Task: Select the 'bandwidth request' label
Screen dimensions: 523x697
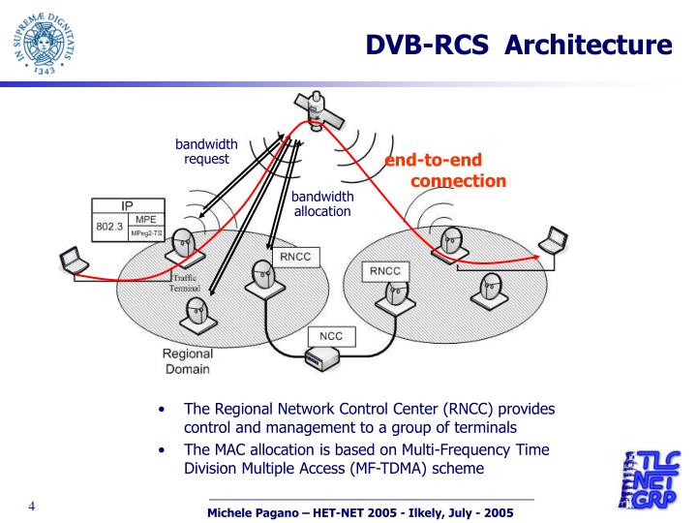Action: (206, 151)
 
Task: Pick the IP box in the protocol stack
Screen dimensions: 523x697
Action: (126, 206)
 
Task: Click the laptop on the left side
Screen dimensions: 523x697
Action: (72, 261)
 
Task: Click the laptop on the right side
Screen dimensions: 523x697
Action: (552, 237)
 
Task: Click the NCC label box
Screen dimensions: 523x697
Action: (325, 337)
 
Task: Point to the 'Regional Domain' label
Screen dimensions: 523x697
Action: (181, 361)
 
